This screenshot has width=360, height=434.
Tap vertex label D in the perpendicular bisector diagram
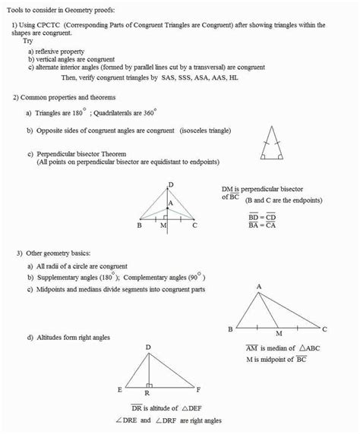point(171,184)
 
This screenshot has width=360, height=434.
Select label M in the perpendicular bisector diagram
point(163,225)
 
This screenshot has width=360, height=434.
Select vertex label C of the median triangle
point(325,329)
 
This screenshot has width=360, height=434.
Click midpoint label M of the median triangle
point(279,333)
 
